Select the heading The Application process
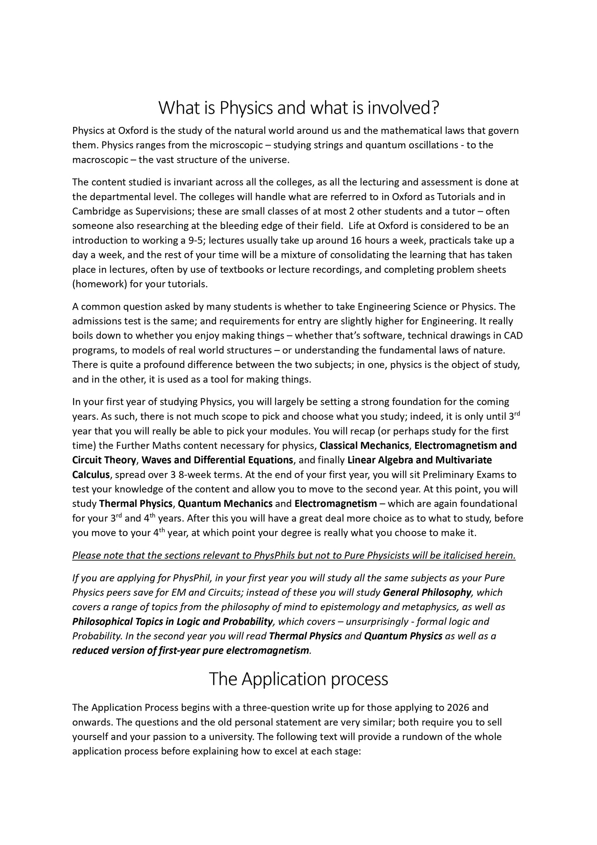click(298, 679)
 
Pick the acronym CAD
click(513, 336)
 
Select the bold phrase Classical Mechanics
click(364, 446)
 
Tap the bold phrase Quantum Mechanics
click(225, 504)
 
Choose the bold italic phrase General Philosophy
click(427, 592)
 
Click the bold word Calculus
click(91, 475)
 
